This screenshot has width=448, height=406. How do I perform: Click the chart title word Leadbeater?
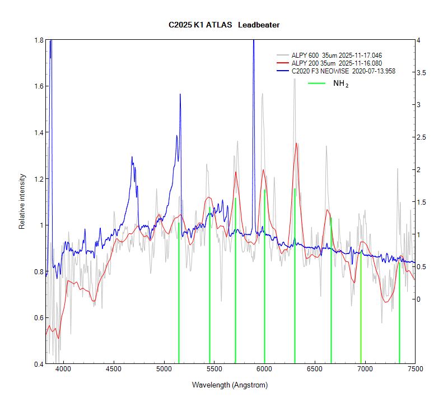pyautogui.click(x=259, y=25)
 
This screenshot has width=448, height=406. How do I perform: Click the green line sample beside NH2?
pyautogui.click(x=316, y=83)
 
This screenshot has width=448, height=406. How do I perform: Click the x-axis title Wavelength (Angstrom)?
pyautogui.click(x=230, y=385)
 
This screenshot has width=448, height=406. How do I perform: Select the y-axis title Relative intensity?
pyautogui.click(x=23, y=202)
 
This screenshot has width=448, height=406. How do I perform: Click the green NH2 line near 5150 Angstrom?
pyautogui.click(x=179, y=292)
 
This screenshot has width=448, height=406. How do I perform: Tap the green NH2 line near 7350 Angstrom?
pyautogui.click(x=399, y=314)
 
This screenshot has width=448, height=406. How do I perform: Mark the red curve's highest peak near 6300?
pyautogui.click(x=296, y=144)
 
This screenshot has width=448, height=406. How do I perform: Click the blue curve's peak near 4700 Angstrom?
pyautogui.click(x=132, y=158)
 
